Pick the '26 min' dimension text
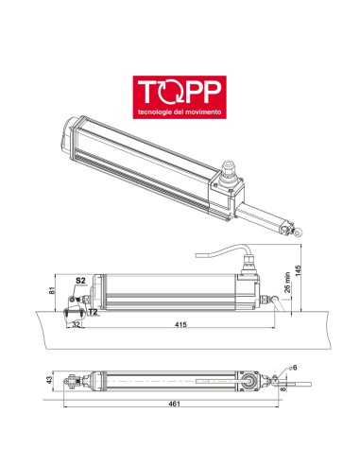286,283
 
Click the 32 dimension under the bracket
75,323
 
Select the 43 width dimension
48,380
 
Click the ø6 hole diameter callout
292,367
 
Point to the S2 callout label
81,281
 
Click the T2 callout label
93,310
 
